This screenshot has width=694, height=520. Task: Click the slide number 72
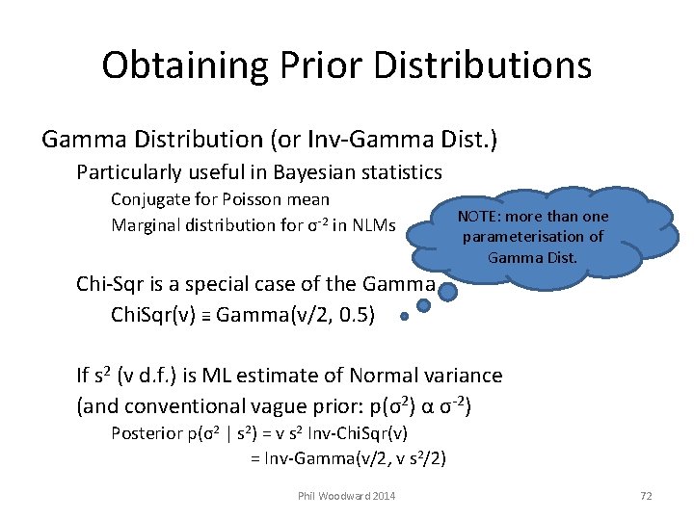pos(646,495)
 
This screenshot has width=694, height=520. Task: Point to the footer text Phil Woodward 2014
pos(347,495)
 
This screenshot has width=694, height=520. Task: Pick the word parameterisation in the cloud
pos(533,237)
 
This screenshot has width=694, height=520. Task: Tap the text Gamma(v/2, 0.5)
pos(295,313)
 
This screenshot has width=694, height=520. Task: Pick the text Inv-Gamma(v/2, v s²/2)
pos(348,458)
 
